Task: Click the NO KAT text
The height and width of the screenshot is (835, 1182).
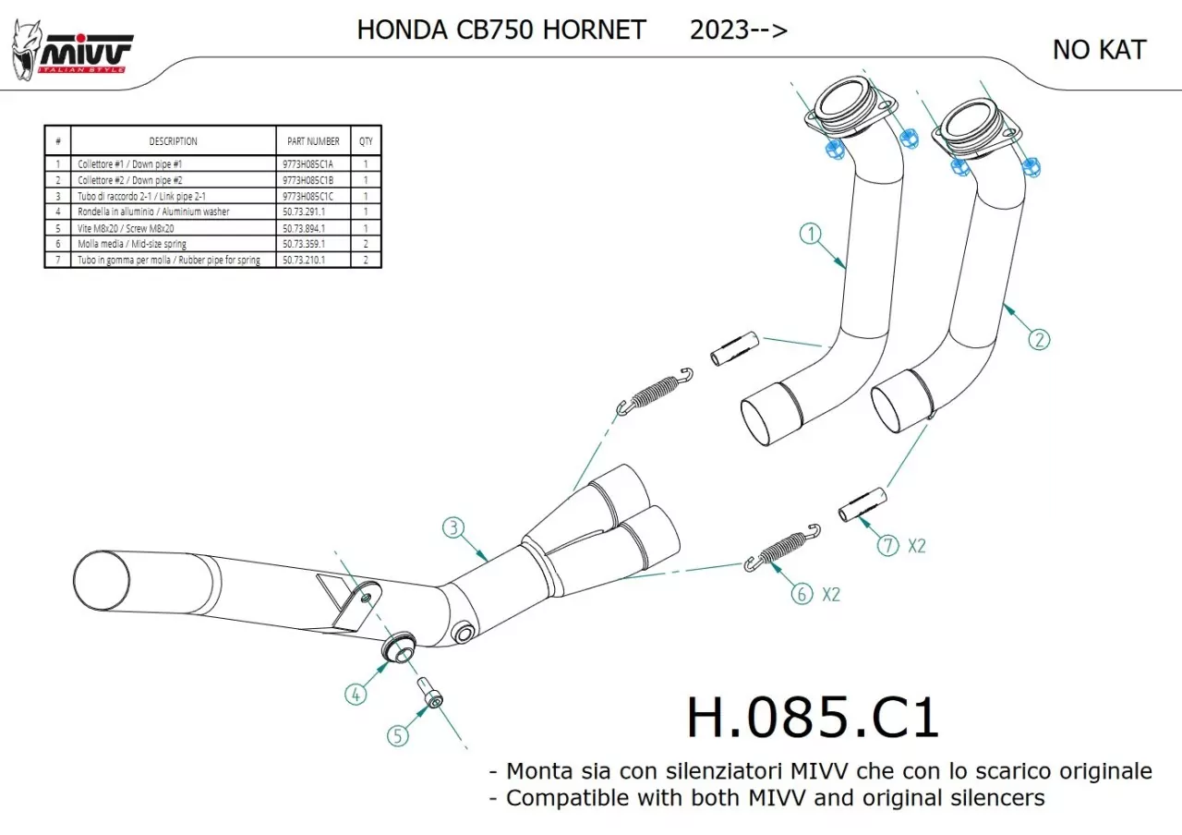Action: tap(1099, 50)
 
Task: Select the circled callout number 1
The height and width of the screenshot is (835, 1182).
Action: tap(810, 235)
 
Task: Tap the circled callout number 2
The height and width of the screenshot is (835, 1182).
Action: tap(1040, 339)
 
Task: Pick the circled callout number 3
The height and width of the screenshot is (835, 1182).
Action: tap(452, 528)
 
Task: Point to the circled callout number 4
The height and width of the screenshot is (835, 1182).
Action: tap(356, 693)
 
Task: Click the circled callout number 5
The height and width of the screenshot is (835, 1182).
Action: tap(397, 735)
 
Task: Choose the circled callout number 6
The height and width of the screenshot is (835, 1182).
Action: tap(802, 594)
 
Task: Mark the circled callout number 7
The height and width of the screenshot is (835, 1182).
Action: tap(887, 545)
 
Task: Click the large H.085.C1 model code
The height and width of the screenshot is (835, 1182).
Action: tap(813, 717)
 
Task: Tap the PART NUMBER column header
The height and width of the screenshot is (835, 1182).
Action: tap(313, 141)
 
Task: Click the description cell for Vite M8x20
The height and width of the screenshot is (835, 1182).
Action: tap(174, 228)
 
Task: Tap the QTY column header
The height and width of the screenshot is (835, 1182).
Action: tap(367, 141)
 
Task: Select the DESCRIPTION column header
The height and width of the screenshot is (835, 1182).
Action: tap(174, 141)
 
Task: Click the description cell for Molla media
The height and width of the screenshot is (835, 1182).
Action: tap(174, 244)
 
